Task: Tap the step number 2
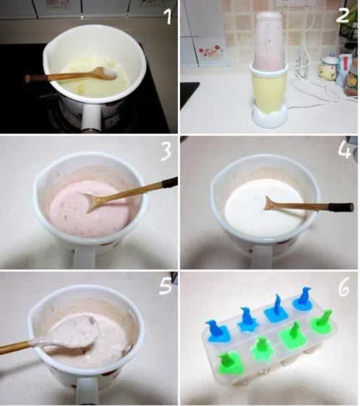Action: pos(342,15)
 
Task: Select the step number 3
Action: pos(166,152)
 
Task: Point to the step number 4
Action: pos(344,150)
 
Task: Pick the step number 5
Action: pos(166,286)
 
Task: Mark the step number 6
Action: pos(343,289)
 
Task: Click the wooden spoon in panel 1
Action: pos(71,75)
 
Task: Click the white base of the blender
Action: pos(270,117)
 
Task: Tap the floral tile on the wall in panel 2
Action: pos(209,52)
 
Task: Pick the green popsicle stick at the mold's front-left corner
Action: pos(229,363)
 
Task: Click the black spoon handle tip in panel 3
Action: pos(170,182)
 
